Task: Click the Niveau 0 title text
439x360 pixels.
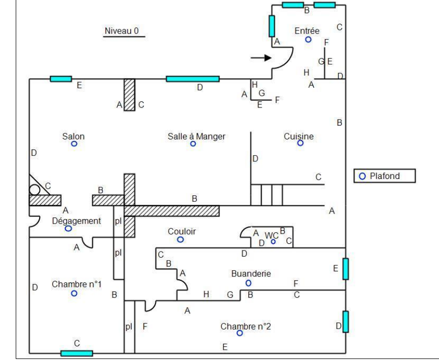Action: (x=122, y=31)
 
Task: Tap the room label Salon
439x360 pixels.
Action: (x=74, y=136)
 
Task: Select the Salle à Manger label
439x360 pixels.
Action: (x=197, y=136)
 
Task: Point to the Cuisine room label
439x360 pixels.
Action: (x=299, y=136)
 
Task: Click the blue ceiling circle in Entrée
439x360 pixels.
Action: (x=308, y=40)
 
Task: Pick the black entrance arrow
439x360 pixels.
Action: (x=261, y=58)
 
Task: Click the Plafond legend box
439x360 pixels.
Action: (x=385, y=176)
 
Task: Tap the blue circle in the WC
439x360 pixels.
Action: (x=273, y=241)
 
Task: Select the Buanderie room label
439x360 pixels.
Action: (x=251, y=273)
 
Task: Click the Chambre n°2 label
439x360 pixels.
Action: (x=245, y=327)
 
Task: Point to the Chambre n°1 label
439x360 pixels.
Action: (x=77, y=284)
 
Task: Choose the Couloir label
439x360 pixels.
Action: (x=181, y=232)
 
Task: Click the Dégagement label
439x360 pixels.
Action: (x=77, y=221)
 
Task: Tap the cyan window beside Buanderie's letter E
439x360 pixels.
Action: (x=346, y=269)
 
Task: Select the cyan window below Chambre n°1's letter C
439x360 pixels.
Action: (x=77, y=353)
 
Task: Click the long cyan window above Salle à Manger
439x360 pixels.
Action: (x=193, y=79)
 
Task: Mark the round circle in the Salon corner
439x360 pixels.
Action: (x=34, y=190)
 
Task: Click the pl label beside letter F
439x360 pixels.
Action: (x=129, y=327)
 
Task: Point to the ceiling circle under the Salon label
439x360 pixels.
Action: (x=74, y=143)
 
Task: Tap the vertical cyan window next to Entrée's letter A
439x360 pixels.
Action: (x=272, y=26)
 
